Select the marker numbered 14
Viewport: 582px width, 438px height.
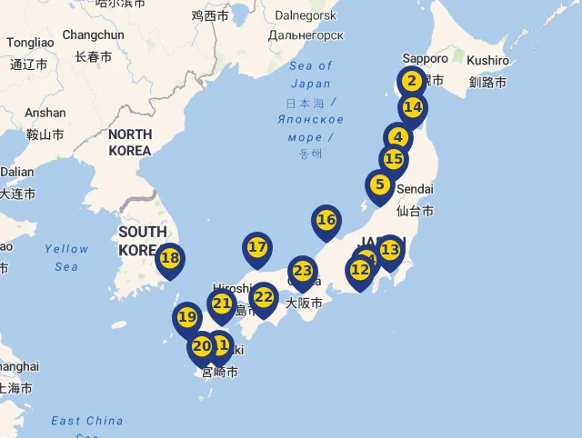point(413,107)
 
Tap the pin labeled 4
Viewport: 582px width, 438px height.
point(397,138)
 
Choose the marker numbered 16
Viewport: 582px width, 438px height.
point(326,220)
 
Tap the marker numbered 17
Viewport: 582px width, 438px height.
point(257,247)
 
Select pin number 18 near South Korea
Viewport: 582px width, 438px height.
point(170,258)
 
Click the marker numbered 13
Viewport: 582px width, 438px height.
point(389,249)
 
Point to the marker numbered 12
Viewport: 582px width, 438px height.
point(360,270)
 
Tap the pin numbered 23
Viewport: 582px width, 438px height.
point(302,271)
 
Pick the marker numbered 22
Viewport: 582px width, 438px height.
point(264,297)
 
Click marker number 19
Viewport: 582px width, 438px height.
point(186,317)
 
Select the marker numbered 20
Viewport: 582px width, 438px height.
point(201,345)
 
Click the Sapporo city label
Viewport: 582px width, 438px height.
point(425,59)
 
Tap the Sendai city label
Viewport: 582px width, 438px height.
point(415,188)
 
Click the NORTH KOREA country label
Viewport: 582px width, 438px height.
point(129,142)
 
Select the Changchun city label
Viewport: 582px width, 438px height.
point(93,35)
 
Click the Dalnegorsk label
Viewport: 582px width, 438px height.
point(306,15)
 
